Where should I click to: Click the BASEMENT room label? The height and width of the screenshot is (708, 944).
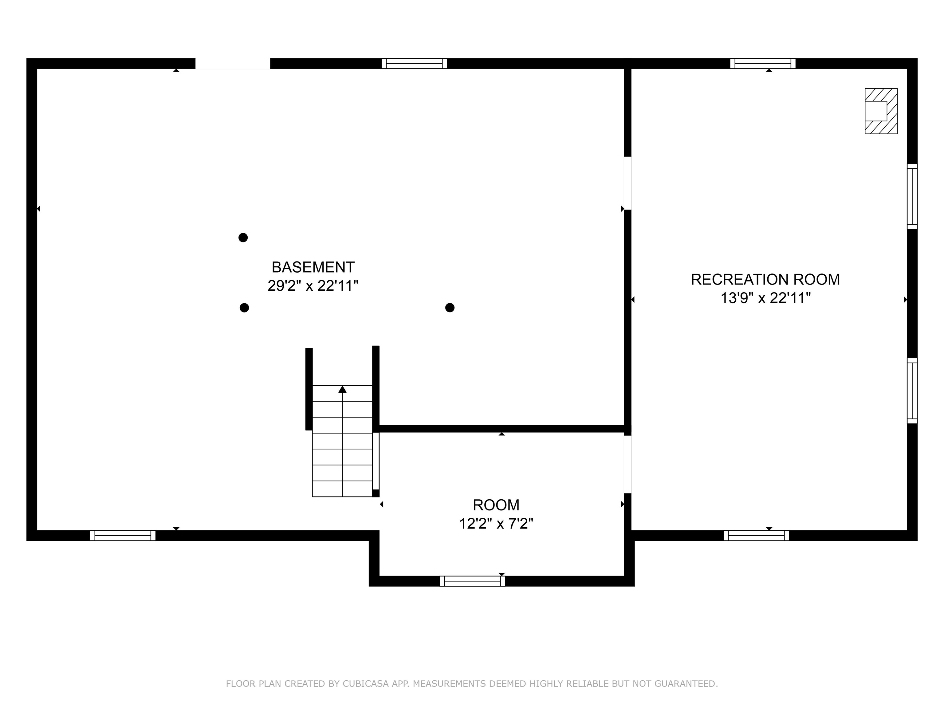click(x=313, y=267)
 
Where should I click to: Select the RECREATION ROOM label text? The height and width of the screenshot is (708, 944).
click(x=765, y=280)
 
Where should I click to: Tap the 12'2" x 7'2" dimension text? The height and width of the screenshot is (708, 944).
click(x=496, y=523)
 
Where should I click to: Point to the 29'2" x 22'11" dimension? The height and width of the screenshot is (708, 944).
click(x=313, y=285)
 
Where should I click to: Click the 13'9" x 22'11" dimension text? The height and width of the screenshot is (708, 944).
click(x=765, y=298)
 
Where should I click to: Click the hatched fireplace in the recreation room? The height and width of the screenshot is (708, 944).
click(x=881, y=111)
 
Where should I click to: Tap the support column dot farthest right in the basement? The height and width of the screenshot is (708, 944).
click(x=450, y=308)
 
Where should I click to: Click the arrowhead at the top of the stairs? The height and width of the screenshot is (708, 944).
click(x=342, y=389)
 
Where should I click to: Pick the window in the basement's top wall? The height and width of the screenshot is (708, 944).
click(x=414, y=64)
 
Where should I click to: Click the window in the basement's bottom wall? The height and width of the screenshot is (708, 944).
click(x=123, y=536)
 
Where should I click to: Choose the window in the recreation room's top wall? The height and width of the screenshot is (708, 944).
click(x=763, y=64)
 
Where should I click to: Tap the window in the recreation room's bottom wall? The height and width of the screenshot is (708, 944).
click(x=756, y=536)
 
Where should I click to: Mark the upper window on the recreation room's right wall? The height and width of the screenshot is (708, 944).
click(x=912, y=196)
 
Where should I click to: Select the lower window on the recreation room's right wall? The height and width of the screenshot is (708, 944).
click(x=912, y=391)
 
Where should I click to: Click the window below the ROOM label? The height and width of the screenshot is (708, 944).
click(x=472, y=581)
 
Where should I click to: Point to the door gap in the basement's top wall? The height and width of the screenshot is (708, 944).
click(x=233, y=64)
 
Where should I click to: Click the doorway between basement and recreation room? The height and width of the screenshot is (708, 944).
click(x=627, y=183)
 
